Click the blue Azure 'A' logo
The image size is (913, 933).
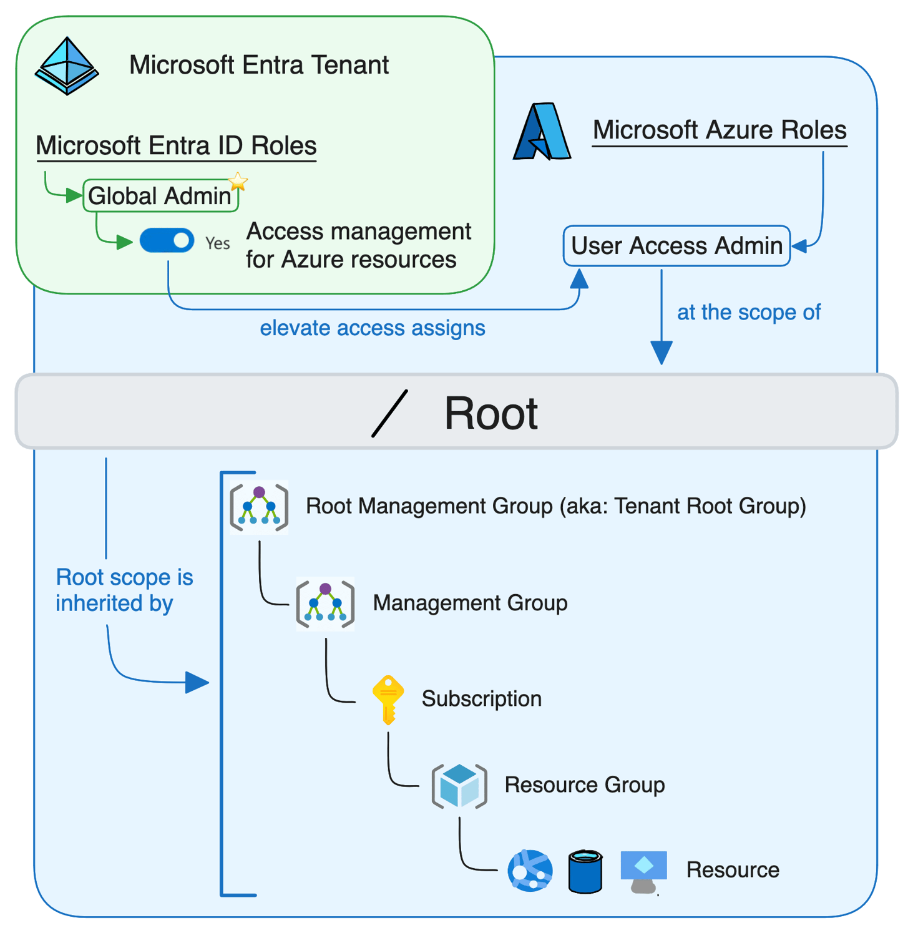tap(541, 132)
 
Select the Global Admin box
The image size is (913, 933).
tap(160, 196)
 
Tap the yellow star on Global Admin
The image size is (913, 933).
tap(238, 182)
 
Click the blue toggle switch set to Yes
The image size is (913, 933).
tap(167, 241)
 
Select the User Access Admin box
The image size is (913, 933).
tap(676, 246)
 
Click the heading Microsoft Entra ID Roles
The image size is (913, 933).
tap(176, 146)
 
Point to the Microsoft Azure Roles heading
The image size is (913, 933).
tap(719, 130)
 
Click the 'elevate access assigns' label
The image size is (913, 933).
tap(372, 328)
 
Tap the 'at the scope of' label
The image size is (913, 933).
tap(748, 312)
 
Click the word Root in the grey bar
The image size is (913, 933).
tap(491, 413)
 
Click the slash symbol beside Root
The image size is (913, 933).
tap(390, 413)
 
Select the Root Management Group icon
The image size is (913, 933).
tap(259, 507)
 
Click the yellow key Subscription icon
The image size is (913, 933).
tap(388, 699)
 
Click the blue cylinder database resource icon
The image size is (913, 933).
tap(585, 871)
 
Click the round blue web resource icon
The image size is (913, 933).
tap(530, 871)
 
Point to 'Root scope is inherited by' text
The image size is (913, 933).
tap(124, 590)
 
